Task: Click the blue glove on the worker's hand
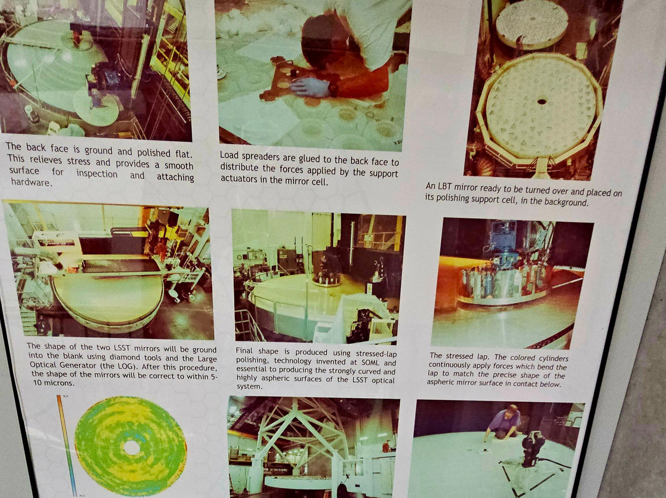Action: click(310, 87)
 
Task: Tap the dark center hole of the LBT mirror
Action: click(542, 102)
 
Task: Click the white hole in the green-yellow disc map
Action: click(131, 447)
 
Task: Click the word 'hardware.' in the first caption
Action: click(30, 182)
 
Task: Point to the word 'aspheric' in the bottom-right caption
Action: click(442, 382)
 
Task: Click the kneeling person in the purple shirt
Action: click(504, 422)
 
